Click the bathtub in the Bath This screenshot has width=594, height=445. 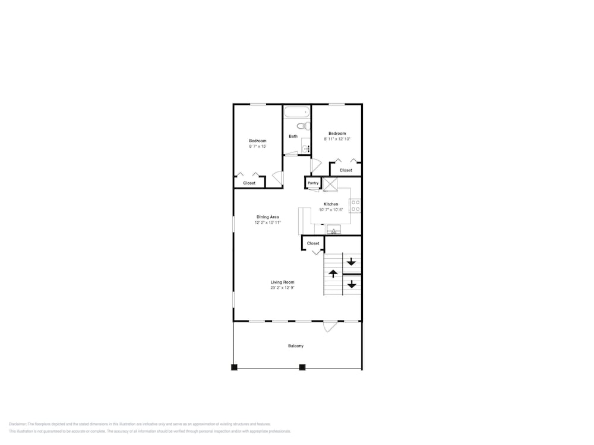point(296,112)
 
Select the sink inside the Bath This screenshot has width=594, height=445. point(305,148)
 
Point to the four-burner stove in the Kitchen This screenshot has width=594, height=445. point(355,206)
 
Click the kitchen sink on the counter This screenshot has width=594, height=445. point(333,230)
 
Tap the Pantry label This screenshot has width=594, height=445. point(313,183)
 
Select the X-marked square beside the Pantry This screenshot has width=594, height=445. point(330,184)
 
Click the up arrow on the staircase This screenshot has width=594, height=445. point(333,274)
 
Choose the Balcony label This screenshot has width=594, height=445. point(296,346)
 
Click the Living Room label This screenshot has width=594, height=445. point(283,282)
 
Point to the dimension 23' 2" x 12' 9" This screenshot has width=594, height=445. point(283,288)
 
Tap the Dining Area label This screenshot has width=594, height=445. point(267,217)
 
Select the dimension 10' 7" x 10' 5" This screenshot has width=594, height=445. point(331,210)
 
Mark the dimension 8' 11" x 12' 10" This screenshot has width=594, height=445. point(337,139)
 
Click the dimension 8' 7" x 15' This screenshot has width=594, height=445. point(258,146)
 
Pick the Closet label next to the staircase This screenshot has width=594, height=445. point(313,243)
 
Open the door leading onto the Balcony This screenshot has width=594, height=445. point(330,326)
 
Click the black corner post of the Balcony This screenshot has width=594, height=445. point(234,367)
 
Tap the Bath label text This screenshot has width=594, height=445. point(293,136)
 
